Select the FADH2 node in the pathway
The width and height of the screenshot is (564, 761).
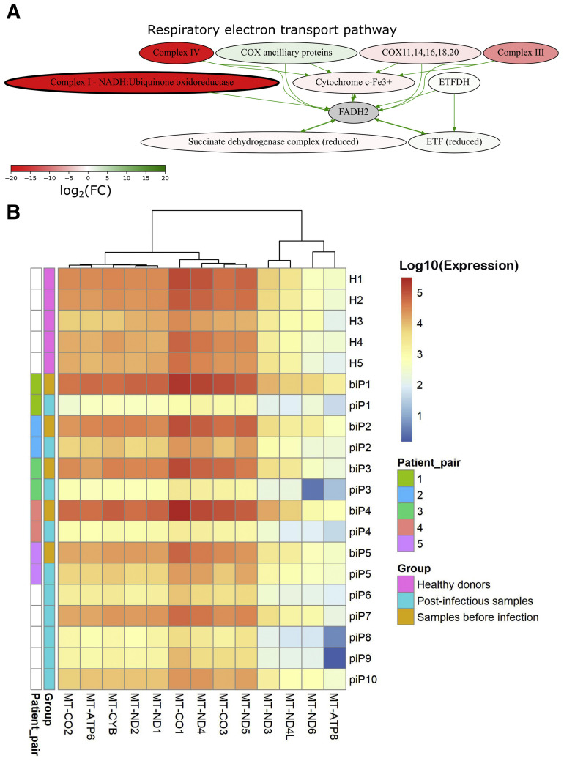point(352,111)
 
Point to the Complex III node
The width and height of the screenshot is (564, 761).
point(517,53)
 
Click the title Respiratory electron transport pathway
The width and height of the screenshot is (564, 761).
point(272,30)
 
